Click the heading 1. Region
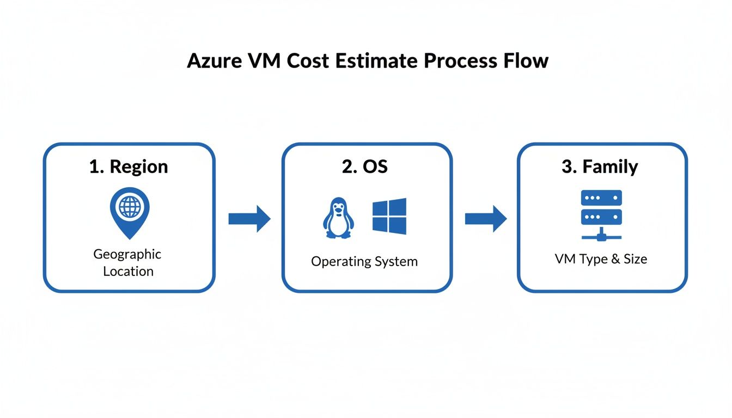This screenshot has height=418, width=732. click(129, 167)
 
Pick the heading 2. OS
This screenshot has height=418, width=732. click(365, 167)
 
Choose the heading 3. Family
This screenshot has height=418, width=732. click(600, 167)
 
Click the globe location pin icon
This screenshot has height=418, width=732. click(129, 212)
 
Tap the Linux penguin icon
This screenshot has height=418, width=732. click(338, 218)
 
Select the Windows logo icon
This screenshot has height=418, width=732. click(389, 216)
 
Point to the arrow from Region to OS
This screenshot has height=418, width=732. click(249, 219)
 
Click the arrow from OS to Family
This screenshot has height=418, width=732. click(485, 219)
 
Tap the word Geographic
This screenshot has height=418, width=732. click(127, 254)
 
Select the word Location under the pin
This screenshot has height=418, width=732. click(128, 271)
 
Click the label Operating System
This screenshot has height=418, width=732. click(364, 261)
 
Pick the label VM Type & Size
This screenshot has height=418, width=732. click(601, 259)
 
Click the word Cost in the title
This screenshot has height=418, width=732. click(301, 61)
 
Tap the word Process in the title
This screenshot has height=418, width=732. click(459, 61)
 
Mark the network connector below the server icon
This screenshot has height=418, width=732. click(601, 236)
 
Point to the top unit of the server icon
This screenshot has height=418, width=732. click(601, 198)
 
